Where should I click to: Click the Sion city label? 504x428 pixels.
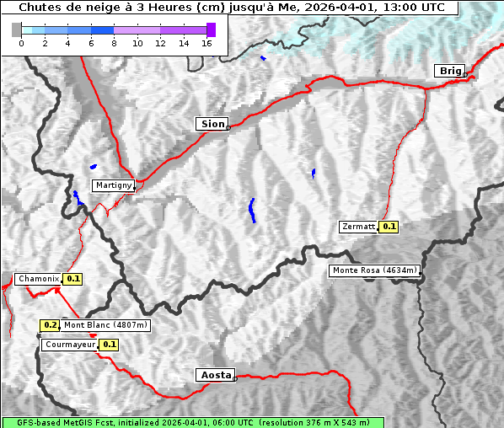pos(212,124)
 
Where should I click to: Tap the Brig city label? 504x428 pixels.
pos(449,71)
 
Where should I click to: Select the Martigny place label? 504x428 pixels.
pos(113,185)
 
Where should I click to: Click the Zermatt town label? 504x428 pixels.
pos(358,227)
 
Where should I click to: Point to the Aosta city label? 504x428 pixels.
pos(214,375)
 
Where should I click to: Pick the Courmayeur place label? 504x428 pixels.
pos(70,345)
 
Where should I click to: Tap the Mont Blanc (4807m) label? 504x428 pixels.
pos(106,325)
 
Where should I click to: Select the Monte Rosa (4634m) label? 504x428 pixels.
pos(374,270)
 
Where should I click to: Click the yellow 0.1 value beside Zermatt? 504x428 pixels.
pos(389,227)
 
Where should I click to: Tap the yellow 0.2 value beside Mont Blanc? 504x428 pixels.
pos(51,325)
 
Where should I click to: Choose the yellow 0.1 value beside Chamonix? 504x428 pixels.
pos(72,279)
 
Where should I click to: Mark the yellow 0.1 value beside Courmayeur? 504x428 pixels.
pos(109,345)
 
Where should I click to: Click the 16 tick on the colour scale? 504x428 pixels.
pos(206,44)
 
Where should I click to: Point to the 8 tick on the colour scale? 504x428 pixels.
pos(114,44)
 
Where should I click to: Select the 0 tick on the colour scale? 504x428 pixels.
pos(21,44)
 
